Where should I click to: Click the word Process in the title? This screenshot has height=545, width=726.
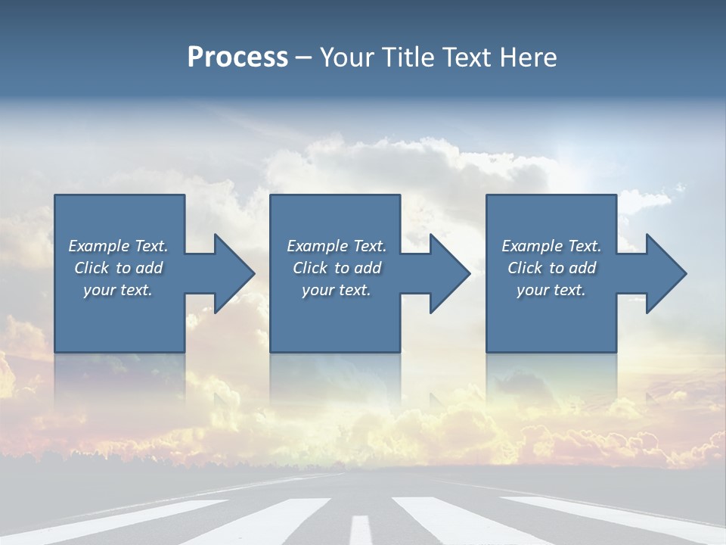tap(237, 58)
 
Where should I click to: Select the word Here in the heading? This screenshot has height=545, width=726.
tap(527, 58)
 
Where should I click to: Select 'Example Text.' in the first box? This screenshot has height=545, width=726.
tap(118, 246)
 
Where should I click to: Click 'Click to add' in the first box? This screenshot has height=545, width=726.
tap(118, 268)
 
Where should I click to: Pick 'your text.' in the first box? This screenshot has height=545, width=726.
tap(118, 290)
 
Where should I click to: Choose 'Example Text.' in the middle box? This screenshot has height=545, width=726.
tap(337, 246)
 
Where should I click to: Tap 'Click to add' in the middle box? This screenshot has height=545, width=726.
tap(337, 268)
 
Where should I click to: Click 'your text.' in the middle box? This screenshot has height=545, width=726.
tap(337, 290)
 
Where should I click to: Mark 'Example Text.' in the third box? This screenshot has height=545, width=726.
tap(551, 246)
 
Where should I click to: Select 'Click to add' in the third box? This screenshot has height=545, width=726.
tap(551, 268)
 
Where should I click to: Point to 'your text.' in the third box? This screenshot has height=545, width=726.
tap(551, 290)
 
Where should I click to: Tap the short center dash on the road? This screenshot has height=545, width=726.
tap(361, 529)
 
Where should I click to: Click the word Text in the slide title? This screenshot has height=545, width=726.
tap(465, 58)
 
